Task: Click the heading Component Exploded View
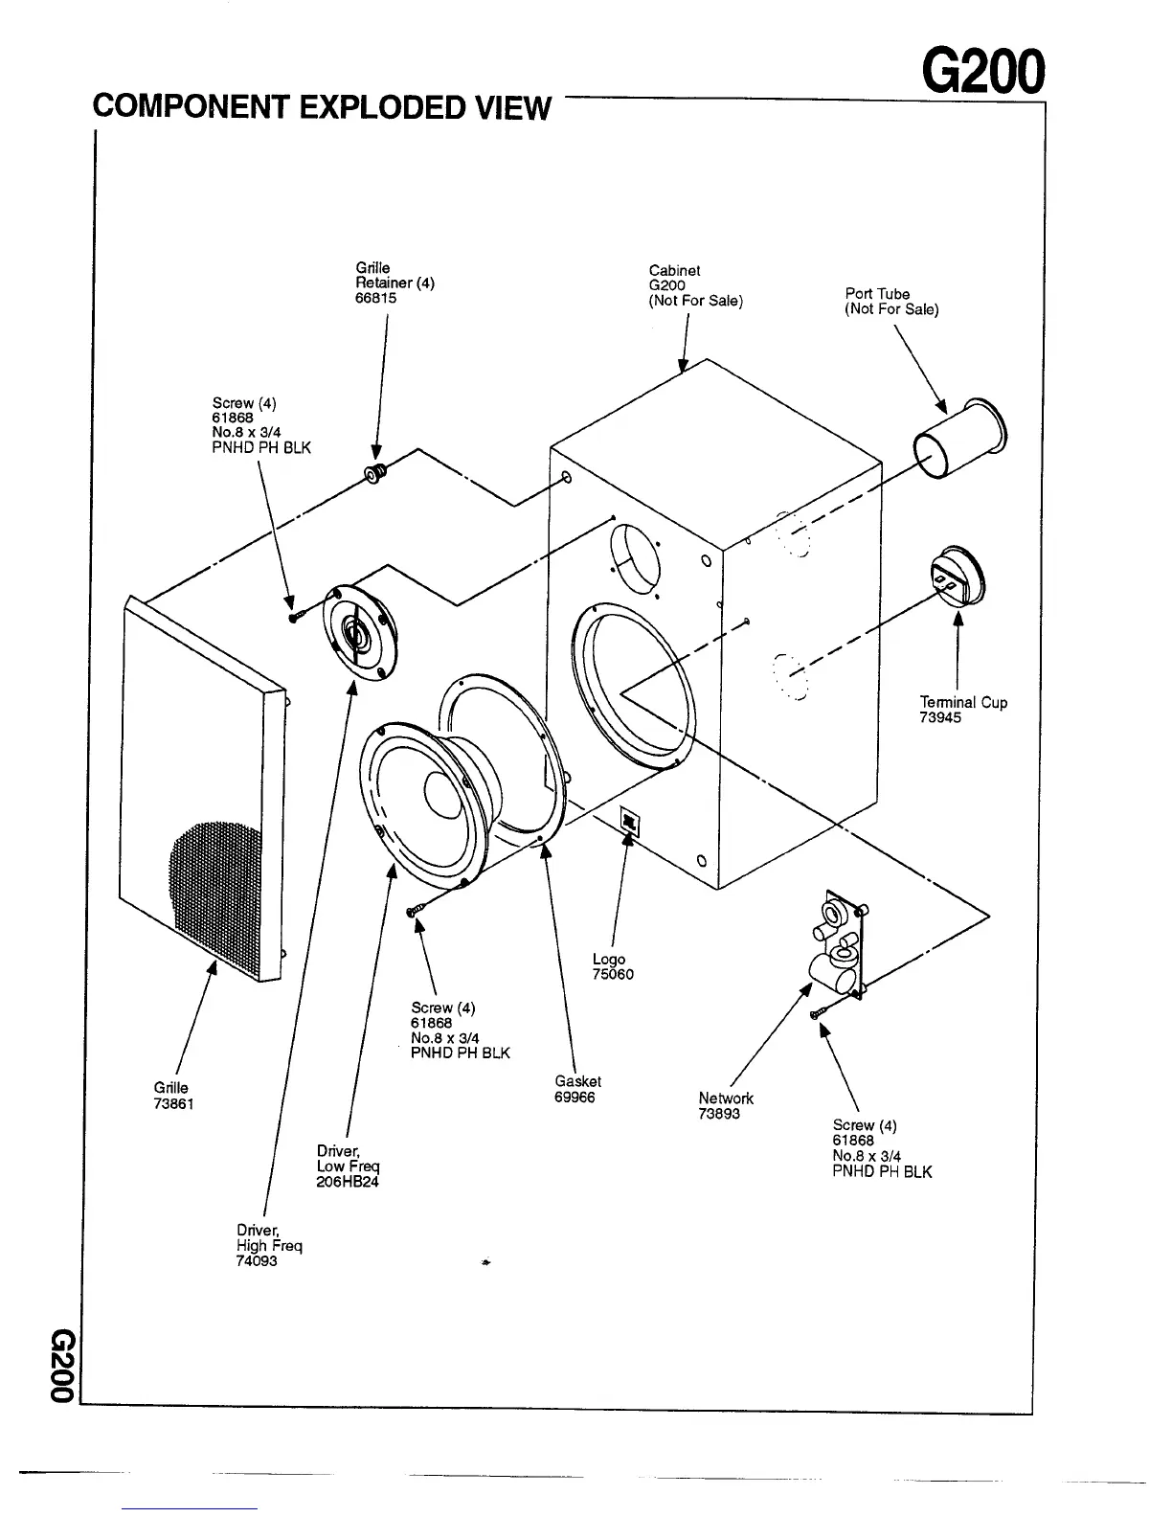click(x=322, y=107)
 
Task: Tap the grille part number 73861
click(x=174, y=1103)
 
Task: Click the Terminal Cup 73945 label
click(x=962, y=710)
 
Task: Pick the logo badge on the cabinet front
click(x=630, y=821)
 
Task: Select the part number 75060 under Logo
click(x=613, y=975)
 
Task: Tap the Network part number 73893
click(x=719, y=1114)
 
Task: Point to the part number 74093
click(x=257, y=1261)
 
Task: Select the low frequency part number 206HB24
click(x=348, y=1182)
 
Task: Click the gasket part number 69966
click(x=575, y=1098)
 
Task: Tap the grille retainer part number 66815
click(x=375, y=298)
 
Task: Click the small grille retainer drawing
click(x=373, y=473)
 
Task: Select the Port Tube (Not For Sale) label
click(x=890, y=302)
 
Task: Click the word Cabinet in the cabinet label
click(x=674, y=270)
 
